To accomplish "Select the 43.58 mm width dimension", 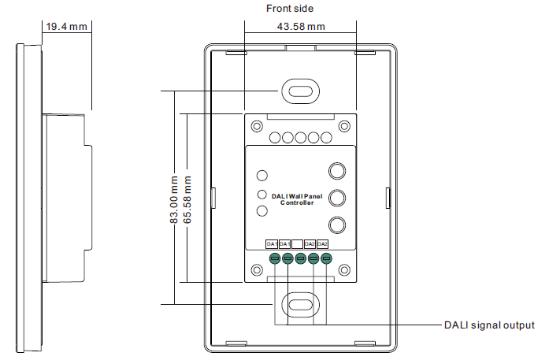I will point(300,28).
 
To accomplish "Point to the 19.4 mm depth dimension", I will point(66,27).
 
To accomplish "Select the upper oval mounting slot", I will point(300,91).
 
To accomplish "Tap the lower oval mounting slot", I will point(300,303).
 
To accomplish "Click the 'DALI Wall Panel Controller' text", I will point(297,199).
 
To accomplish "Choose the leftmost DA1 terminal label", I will point(272,243).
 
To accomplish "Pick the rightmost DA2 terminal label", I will point(323,243).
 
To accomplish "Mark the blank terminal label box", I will point(298,243).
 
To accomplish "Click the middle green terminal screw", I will point(300,258).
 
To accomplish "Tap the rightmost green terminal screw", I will point(325,258).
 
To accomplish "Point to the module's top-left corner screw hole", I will point(255,126).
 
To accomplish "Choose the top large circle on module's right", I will point(337,170).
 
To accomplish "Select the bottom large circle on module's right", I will point(337,225).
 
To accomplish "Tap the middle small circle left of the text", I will point(262,194).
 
